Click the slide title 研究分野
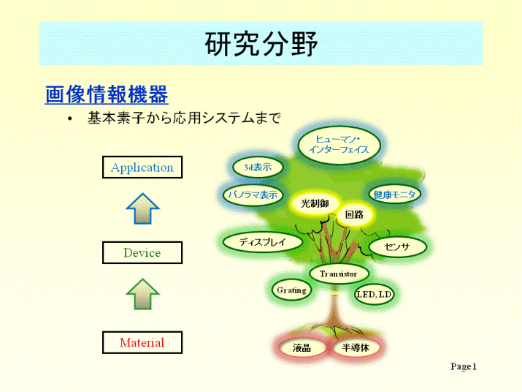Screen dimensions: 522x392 (261, 44)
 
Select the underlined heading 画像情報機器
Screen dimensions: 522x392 (107, 94)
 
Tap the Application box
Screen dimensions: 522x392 (142, 167)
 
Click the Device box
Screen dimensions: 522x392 (142, 252)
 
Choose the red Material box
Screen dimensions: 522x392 (142, 342)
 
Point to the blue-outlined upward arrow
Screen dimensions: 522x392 (143, 209)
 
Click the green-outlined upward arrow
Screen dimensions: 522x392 (143, 295)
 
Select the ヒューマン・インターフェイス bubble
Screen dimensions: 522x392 (339, 145)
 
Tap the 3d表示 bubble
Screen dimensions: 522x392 (258, 167)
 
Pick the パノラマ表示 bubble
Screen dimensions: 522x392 (253, 195)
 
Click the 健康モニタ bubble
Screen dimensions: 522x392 (394, 194)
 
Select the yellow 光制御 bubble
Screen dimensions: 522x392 (315, 203)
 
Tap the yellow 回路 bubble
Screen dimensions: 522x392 (355, 214)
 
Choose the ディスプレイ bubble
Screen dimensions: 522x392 (262, 241)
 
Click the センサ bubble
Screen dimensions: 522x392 (397, 247)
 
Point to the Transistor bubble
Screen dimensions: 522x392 (339, 274)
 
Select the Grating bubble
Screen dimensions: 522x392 (291, 290)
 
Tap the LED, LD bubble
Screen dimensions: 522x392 (374, 294)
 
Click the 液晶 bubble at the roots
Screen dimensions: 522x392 (302, 347)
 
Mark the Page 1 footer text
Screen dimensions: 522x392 (464, 366)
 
